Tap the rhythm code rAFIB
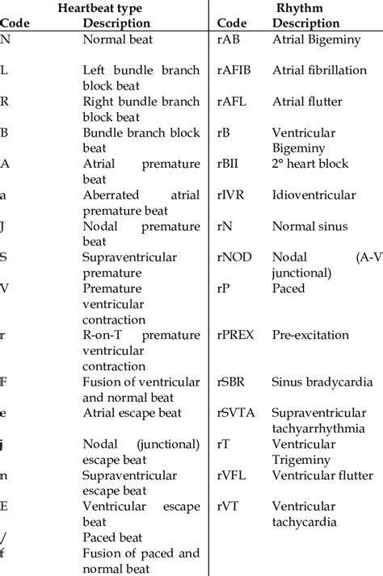[236, 70]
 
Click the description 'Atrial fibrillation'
[319, 70]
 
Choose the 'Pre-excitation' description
[310, 334]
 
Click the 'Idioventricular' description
[314, 194]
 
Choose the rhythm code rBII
[230, 164]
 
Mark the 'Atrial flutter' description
[306, 102]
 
